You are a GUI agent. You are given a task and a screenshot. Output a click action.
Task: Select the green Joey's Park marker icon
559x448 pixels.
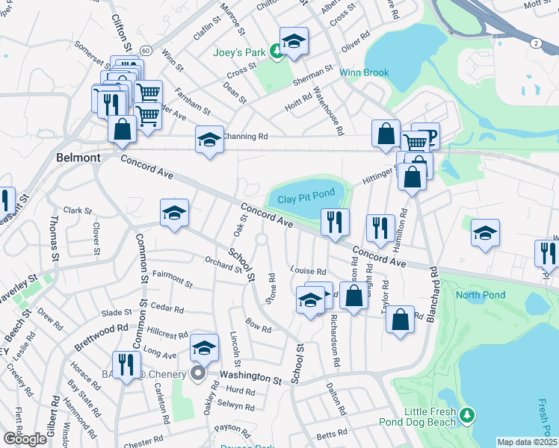(277, 51)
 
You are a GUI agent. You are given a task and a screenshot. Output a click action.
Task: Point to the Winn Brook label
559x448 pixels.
(364, 72)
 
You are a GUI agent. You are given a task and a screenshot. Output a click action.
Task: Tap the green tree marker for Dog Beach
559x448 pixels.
(467, 414)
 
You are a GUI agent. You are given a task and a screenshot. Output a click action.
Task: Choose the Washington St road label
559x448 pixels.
(250, 379)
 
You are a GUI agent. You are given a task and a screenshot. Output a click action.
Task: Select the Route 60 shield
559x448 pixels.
(145, 51)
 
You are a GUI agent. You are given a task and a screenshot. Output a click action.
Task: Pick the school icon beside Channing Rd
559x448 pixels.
(209, 138)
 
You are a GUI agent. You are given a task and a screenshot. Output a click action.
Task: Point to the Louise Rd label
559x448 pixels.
(309, 272)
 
